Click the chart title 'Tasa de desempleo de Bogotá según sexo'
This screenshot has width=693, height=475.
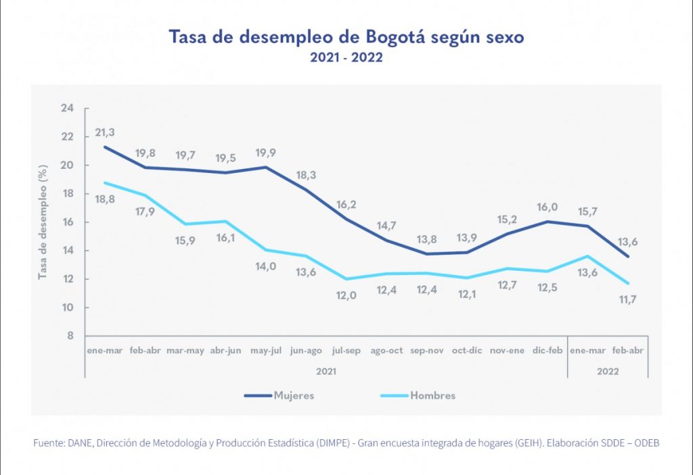click(x=346, y=37)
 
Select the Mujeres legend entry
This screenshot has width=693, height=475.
click(x=293, y=395)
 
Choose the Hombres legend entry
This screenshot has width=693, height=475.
click(x=432, y=395)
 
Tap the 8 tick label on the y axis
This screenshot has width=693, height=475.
click(x=70, y=336)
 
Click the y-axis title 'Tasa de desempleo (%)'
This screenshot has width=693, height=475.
click(x=43, y=222)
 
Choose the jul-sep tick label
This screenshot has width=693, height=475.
click(x=347, y=351)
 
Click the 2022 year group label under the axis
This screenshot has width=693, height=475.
click(x=606, y=370)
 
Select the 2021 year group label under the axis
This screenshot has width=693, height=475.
click(x=326, y=370)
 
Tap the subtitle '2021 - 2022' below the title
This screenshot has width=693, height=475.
click(x=346, y=58)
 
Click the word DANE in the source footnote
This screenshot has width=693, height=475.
click(x=80, y=443)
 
